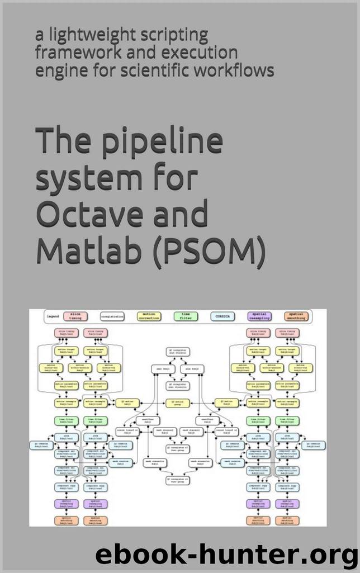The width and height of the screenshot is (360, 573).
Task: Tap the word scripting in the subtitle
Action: tap(170, 35)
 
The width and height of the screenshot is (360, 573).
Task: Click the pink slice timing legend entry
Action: tap(75, 316)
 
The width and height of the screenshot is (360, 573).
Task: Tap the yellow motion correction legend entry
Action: tap(149, 316)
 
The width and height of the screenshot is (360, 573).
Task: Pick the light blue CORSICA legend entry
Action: tap(219, 316)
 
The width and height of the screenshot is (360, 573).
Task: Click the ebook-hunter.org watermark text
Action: tap(226, 556)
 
